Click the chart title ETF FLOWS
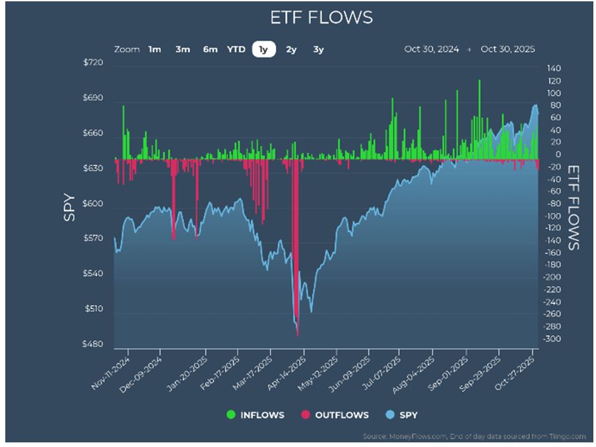click(321, 17)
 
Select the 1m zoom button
click(154, 49)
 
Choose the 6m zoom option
click(210, 49)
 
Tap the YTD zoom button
click(236, 49)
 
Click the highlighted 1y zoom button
click(264, 49)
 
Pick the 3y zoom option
click(319, 49)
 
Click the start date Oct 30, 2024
click(431, 49)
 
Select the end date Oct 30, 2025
click(508, 49)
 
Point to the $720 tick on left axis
click(94, 63)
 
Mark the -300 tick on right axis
click(553, 339)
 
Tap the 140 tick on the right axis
click(553, 69)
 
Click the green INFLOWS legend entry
click(255, 415)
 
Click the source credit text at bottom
click(473, 436)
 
